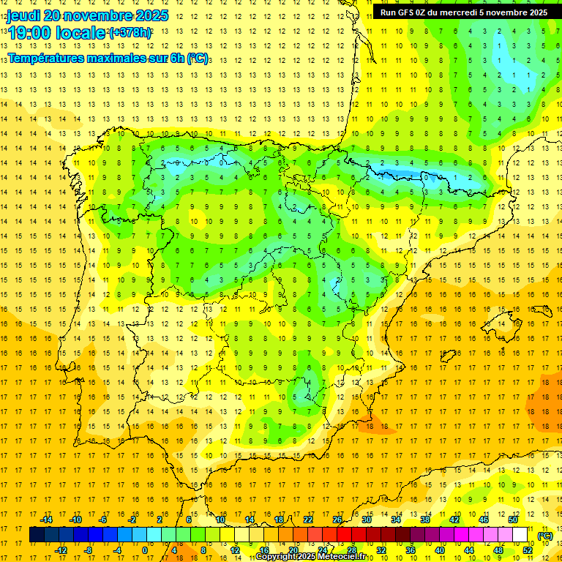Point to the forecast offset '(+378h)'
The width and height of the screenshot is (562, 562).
tap(130, 33)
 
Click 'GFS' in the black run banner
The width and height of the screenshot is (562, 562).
tap(409, 12)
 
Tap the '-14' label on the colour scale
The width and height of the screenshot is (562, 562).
tap(46, 520)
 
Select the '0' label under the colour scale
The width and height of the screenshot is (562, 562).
tap(145, 550)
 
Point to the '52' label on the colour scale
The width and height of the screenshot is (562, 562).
tap(528, 550)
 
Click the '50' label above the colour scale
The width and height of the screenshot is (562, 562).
tap(513, 520)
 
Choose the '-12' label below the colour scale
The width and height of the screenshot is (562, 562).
tap(61, 550)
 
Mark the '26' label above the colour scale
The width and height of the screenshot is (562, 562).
tap(337, 520)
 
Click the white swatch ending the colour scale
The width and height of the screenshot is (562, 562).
tap(520, 535)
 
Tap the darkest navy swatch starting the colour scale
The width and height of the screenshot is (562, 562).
tap(37, 535)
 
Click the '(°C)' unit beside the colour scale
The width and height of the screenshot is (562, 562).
tap(545, 536)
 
